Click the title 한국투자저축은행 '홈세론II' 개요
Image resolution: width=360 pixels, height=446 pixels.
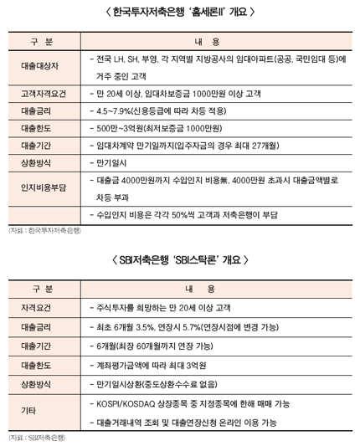tap(180, 12)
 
